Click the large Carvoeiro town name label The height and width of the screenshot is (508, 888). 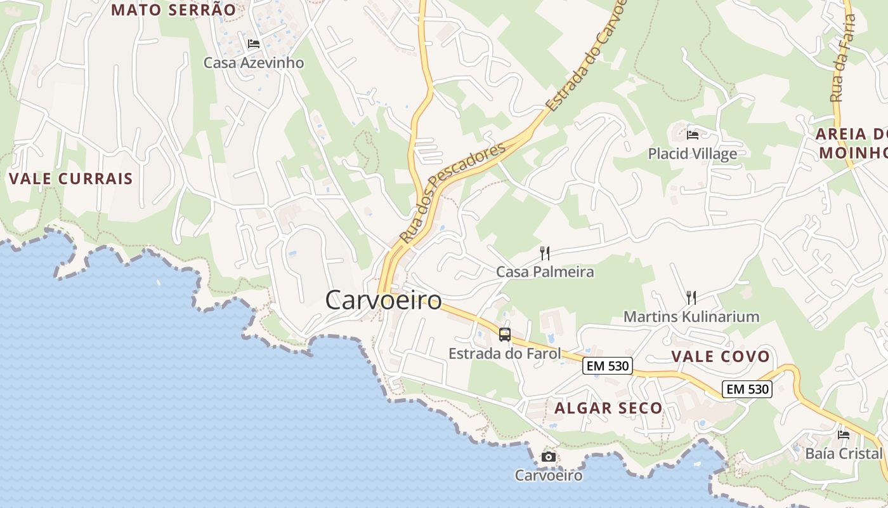click(383, 300)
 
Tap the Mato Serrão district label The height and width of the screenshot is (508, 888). click(173, 10)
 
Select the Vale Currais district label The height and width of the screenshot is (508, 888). click(71, 178)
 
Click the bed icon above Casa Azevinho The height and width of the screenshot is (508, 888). click(254, 44)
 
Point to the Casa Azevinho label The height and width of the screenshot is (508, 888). click(254, 63)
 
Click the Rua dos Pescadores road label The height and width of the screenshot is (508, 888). click(453, 192)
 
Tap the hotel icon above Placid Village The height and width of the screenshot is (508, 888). click(693, 135)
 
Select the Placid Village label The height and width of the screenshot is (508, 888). click(693, 154)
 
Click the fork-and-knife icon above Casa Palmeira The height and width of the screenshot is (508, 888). click(545, 253)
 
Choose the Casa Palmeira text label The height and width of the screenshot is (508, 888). click(545, 272)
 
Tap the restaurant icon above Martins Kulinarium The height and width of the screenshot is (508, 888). click(691, 297)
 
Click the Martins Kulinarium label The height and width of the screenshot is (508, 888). click(691, 316)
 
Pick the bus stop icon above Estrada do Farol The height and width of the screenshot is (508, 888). click(505, 334)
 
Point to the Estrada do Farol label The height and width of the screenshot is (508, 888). click(505, 353)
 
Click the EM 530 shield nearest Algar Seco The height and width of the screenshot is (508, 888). click(608, 366)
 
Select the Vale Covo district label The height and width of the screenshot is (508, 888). click(721, 356)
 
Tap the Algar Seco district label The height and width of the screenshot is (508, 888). click(608, 408)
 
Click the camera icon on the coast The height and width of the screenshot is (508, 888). click(549, 457)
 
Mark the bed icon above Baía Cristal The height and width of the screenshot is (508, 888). click(844, 435)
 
